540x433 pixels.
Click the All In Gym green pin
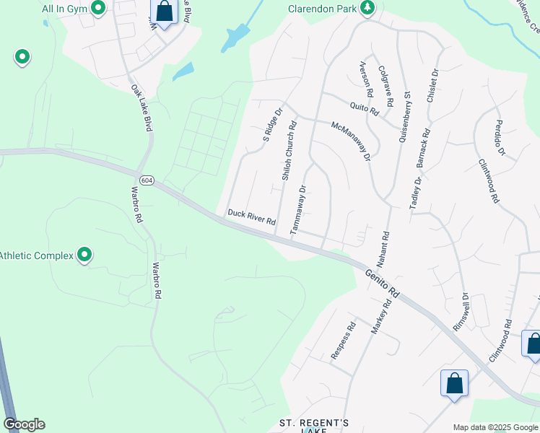pyautogui.click(x=100, y=9)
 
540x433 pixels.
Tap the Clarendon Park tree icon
pyautogui.click(x=368, y=8)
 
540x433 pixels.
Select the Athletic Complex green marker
pyautogui.click(x=85, y=255)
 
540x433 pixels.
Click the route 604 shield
pyautogui.click(x=146, y=180)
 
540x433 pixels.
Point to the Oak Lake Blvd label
pyautogui.click(x=141, y=108)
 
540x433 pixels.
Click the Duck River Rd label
pyautogui.click(x=252, y=216)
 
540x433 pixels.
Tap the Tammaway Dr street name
pyautogui.click(x=298, y=209)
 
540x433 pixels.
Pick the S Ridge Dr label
pyautogui.click(x=271, y=124)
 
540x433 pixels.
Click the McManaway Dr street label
pyautogui.click(x=351, y=141)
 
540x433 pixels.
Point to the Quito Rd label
pyautogui.click(x=365, y=110)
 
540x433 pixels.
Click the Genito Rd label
pyautogui.click(x=382, y=282)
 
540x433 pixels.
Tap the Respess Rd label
pyautogui.click(x=344, y=341)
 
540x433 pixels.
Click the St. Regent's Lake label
pyautogui.click(x=314, y=425)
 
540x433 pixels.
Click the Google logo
pyautogui.click(x=24, y=424)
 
